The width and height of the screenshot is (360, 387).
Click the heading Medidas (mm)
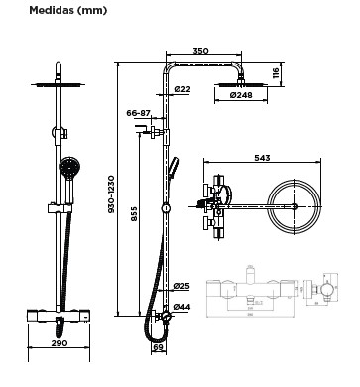click(x=68, y=10)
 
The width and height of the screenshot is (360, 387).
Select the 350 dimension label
click(x=200, y=51)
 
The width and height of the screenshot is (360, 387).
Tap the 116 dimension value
click(x=276, y=73)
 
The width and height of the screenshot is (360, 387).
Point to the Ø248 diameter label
click(x=241, y=95)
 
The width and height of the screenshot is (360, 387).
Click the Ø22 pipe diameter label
click(x=182, y=89)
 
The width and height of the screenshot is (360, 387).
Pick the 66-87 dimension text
click(x=138, y=113)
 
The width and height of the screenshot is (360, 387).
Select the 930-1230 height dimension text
click(x=111, y=194)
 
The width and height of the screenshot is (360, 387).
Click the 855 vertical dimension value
click(x=134, y=214)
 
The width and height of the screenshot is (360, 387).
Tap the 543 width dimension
click(x=262, y=158)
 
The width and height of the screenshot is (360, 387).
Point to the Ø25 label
click(x=181, y=286)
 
